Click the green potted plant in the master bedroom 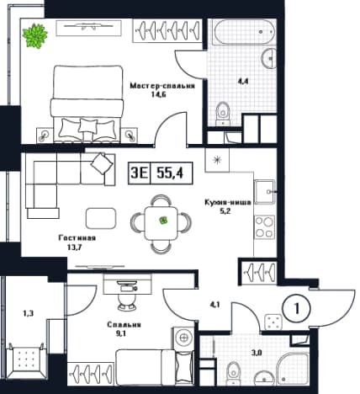tap(34, 35)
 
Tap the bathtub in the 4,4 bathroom tap(244, 31)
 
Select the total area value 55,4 tap(170, 173)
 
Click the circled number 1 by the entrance tap(297, 309)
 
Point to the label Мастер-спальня tap(162, 86)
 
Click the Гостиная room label tap(77, 238)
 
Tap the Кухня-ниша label tap(228, 202)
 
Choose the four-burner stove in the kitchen tap(264, 227)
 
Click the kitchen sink tap(264, 192)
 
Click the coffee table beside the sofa tap(101, 218)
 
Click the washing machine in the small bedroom tap(183, 338)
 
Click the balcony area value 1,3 tap(28, 313)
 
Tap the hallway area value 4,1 tap(214, 304)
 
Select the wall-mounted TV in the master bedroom tap(88, 28)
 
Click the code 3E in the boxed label tap(139, 173)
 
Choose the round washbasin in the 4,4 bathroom tap(268, 58)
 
